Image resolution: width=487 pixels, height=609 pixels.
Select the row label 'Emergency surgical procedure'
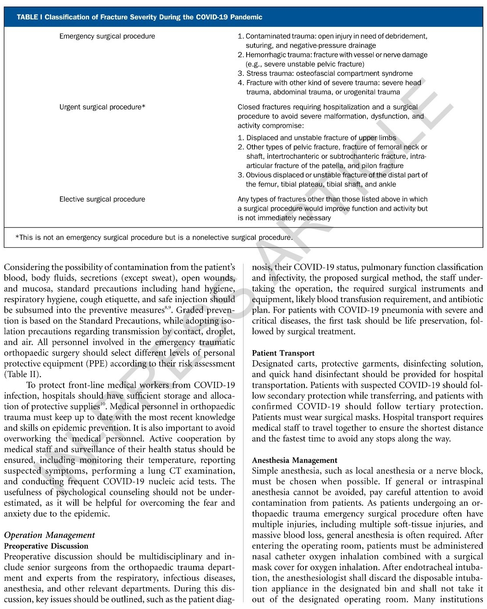pos(107,36)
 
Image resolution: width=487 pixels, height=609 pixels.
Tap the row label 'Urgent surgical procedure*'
pos(102,107)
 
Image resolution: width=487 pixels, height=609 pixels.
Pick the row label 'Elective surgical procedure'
pos(102,199)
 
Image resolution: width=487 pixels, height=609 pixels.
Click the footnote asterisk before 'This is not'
pos(17,238)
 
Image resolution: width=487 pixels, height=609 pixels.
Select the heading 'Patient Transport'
pos(283,353)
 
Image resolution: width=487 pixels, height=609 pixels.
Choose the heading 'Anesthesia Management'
pos(295,460)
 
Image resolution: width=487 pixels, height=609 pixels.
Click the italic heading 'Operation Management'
pos(49,535)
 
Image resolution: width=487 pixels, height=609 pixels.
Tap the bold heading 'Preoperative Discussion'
pos(46,546)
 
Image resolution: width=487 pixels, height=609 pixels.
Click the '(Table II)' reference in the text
pos(22,374)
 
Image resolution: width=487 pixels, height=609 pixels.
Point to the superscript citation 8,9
pos(167,308)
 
